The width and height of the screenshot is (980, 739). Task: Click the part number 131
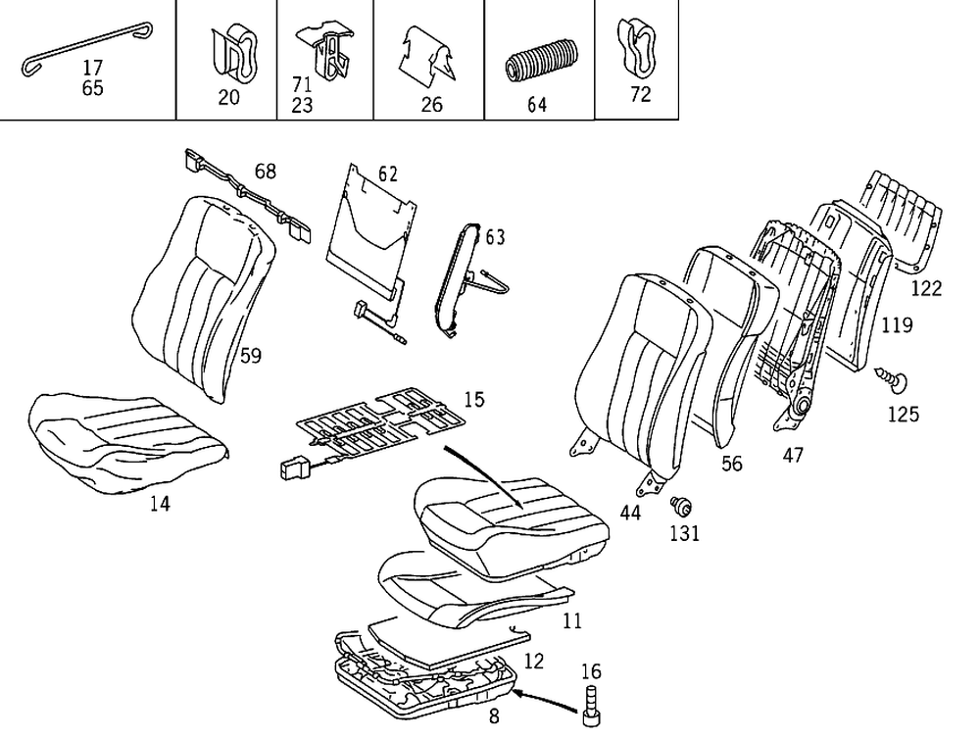tap(685, 533)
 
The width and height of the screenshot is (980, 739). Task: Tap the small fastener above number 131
tap(680, 506)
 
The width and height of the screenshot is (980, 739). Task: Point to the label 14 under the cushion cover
tap(159, 504)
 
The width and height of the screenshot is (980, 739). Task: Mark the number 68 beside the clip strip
tap(265, 172)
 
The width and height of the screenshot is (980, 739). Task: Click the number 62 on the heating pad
tap(388, 175)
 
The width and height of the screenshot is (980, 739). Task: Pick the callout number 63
tap(495, 237)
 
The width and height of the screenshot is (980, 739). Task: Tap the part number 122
tap(926, 288)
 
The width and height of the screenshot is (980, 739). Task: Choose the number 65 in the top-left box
tap(93, 88)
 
